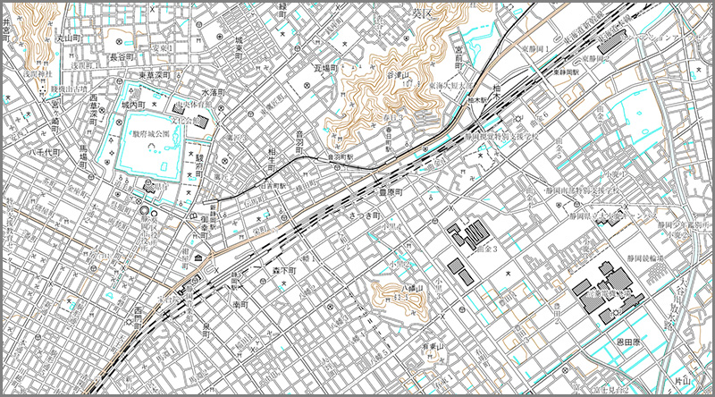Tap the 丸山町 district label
point(69,38)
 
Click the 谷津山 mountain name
point(397,77)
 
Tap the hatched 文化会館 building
point(204,121)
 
